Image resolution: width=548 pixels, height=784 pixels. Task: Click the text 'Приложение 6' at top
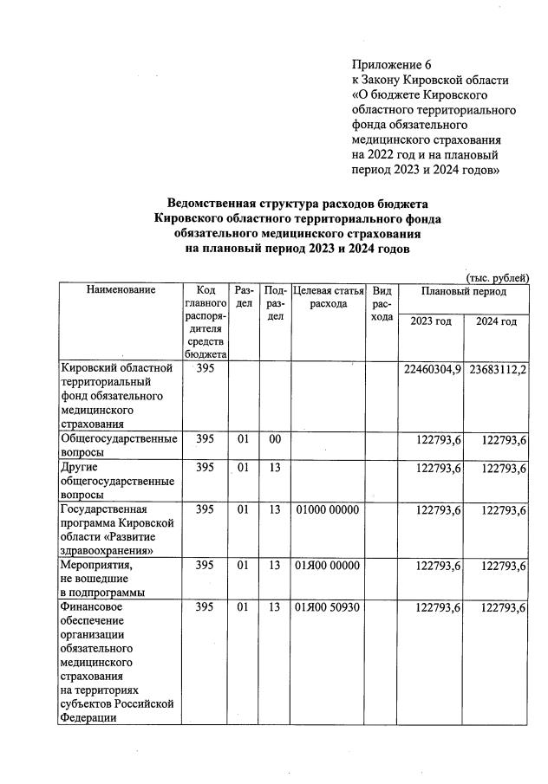[391, 66]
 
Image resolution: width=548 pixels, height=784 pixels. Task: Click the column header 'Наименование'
[121, 291]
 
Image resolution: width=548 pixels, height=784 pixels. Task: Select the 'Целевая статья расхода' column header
[328, 297]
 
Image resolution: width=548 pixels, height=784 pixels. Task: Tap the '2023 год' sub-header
[431, 322]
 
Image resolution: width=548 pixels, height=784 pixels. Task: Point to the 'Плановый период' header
[463, 291]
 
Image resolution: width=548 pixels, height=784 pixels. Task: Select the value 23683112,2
[498, 370]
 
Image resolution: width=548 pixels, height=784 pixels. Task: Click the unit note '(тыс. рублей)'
[497, 277]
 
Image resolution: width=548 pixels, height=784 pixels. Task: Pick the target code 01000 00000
[327, 510]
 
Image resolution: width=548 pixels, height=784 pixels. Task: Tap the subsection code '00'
[275, 440]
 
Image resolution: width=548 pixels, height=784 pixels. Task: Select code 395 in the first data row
[205, 369]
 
